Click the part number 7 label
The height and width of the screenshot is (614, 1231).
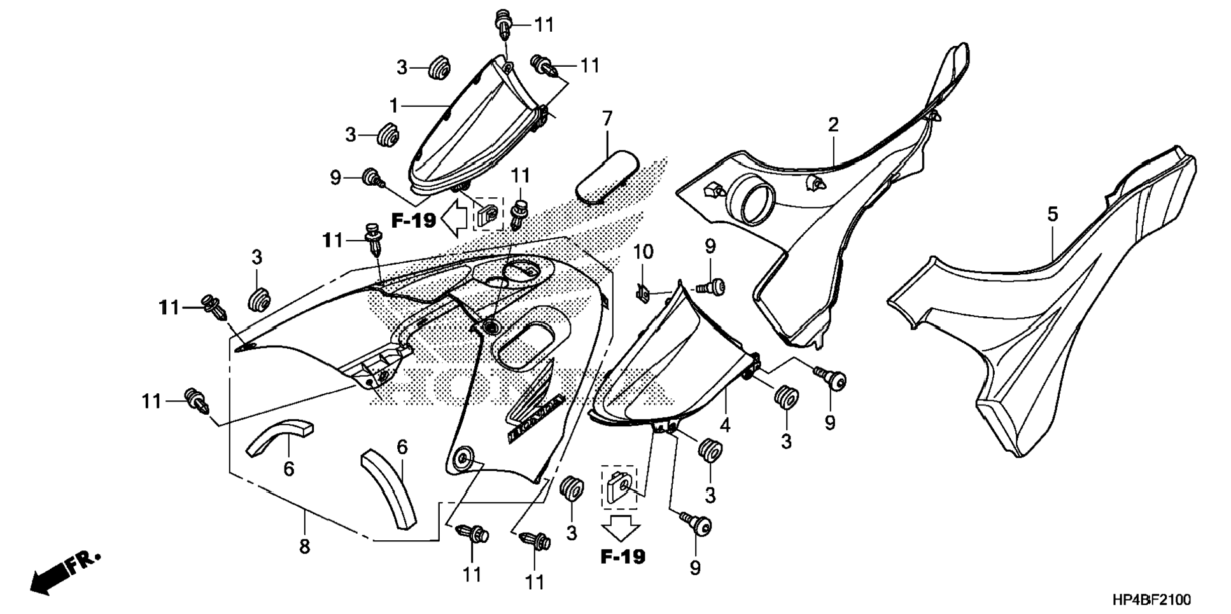[x=607, y=118]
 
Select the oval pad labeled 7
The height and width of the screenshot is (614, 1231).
[x=607, y=177]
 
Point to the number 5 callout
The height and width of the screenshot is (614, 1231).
[x=1052, y=215]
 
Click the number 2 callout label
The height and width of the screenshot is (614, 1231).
[x=833, y=125]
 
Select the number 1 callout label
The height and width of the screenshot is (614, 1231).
[x=394, y=105]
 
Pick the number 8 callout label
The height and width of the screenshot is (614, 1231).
[x=304, y=546]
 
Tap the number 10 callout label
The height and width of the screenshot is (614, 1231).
[x=643, y=252]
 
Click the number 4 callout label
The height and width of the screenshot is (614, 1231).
[x=725, y=424]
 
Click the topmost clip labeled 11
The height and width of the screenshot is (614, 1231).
[x=504, y=23]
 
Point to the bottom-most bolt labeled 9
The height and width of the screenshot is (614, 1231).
[x=698, y=526]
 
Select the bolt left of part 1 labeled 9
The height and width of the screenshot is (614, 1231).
[x=371, y=178]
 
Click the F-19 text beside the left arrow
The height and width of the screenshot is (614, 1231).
[x=413, y=221]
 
